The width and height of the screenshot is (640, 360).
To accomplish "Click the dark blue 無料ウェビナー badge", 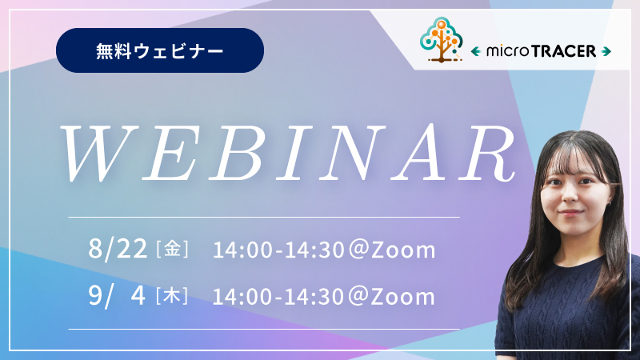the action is click(x=160, y=50).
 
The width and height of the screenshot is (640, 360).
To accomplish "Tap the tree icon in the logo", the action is click(x=442, y=40).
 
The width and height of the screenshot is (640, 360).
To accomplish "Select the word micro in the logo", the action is click(x=508, y=51).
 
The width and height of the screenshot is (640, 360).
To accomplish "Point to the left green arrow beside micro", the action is click(x=475, y=51).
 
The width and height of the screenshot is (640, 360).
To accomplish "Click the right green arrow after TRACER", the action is click(x=606, y=51).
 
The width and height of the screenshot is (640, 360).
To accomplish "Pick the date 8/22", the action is click(x=118, y=249).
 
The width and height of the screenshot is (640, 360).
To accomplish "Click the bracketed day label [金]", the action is click(x=172, y=249).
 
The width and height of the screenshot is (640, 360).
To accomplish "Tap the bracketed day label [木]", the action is click(x=172, y=296).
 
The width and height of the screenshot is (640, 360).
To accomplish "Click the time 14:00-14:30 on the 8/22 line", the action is click(x=278, y=250).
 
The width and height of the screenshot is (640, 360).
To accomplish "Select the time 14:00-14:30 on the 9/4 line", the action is click(x=278, y=297).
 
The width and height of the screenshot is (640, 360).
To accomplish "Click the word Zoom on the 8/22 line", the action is click(x=403, y=250).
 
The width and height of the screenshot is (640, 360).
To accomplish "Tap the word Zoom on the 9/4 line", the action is click(x=403, y=297).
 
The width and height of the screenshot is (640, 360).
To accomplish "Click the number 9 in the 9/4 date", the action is click(x=94, y=295).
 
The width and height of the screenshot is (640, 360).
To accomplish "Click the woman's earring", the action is click(x=609, y=202).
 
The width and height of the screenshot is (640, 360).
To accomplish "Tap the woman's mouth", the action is click(x=570, y=212).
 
